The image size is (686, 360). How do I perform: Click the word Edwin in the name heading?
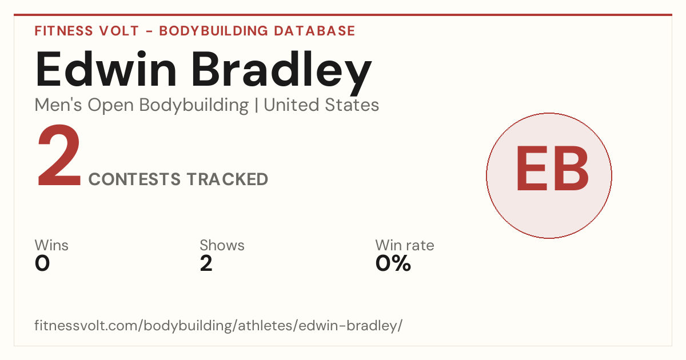pos(106,69)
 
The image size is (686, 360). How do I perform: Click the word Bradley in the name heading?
pos(282,73)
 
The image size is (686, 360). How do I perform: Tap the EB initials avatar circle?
pos(549,175)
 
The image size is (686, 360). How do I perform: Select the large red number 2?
pos(59,155)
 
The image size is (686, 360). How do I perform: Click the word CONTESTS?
pos(134,179)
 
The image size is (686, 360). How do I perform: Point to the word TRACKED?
pos(228,179)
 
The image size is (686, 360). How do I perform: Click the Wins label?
pos(51,245)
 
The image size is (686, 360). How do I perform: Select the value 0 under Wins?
pos(42,263)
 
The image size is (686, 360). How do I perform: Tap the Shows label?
pos(222,245)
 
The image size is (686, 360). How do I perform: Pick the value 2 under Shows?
pos(206,263)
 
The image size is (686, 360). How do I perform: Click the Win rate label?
pos(405,245)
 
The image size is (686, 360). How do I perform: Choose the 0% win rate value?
pos(393,263)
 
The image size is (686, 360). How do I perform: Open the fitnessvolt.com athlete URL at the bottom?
pos(218,325)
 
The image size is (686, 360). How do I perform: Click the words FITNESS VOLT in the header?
pos(87,31)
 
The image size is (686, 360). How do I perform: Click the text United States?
pos(321,105)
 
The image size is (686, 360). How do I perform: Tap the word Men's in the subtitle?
pos(58,105)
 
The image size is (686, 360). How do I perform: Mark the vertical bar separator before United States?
pos(256,106)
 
